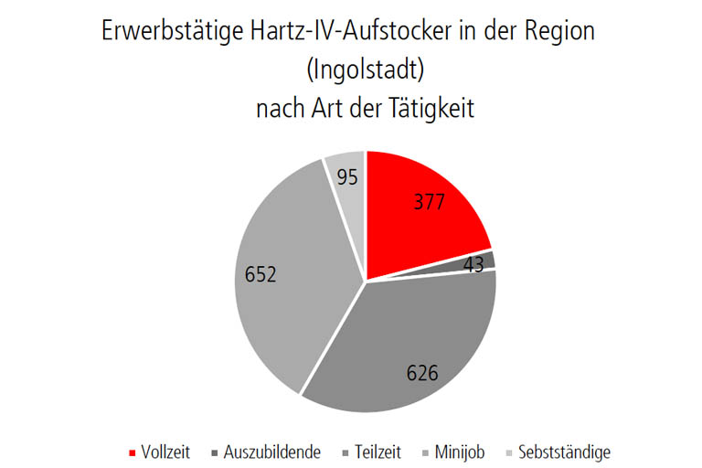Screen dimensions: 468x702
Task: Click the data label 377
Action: (x=427, y=202)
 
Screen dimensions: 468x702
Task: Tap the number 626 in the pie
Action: (x=421, y=372)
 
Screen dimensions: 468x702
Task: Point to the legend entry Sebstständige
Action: (x=564, y=452)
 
